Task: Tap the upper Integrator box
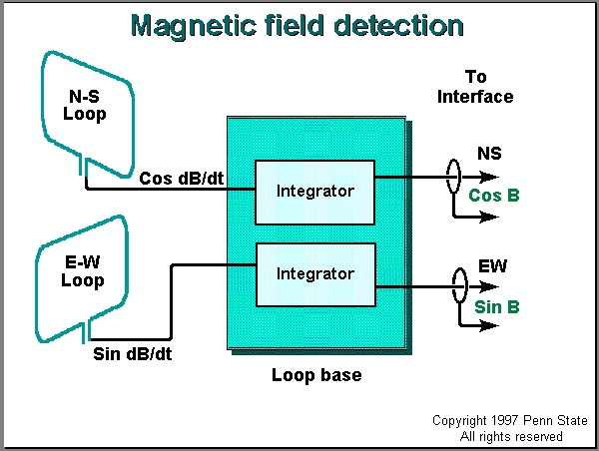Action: point(315,190)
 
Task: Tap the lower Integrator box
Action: point(315,272)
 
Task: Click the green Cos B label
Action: point(494,196)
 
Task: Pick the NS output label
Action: point(490,155)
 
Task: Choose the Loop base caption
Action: point(315,376)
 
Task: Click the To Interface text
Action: point(489,87)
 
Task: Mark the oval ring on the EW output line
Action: point(459,287)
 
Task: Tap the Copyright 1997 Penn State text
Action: point(510,421)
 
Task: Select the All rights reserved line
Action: point(511,436)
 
